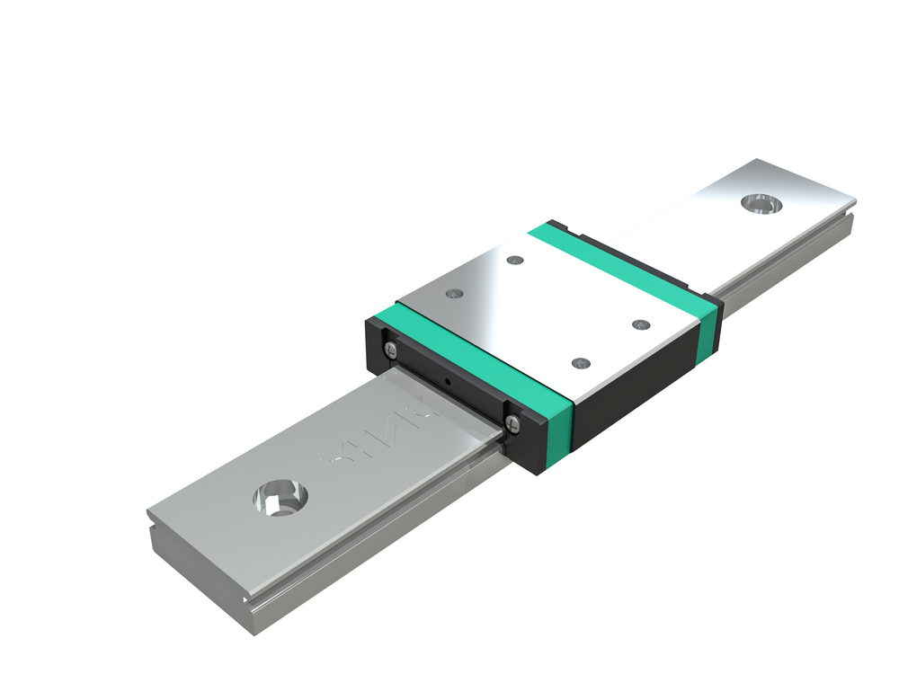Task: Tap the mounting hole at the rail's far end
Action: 761,203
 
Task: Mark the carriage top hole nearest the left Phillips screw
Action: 453,294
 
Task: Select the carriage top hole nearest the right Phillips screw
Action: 580,363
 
